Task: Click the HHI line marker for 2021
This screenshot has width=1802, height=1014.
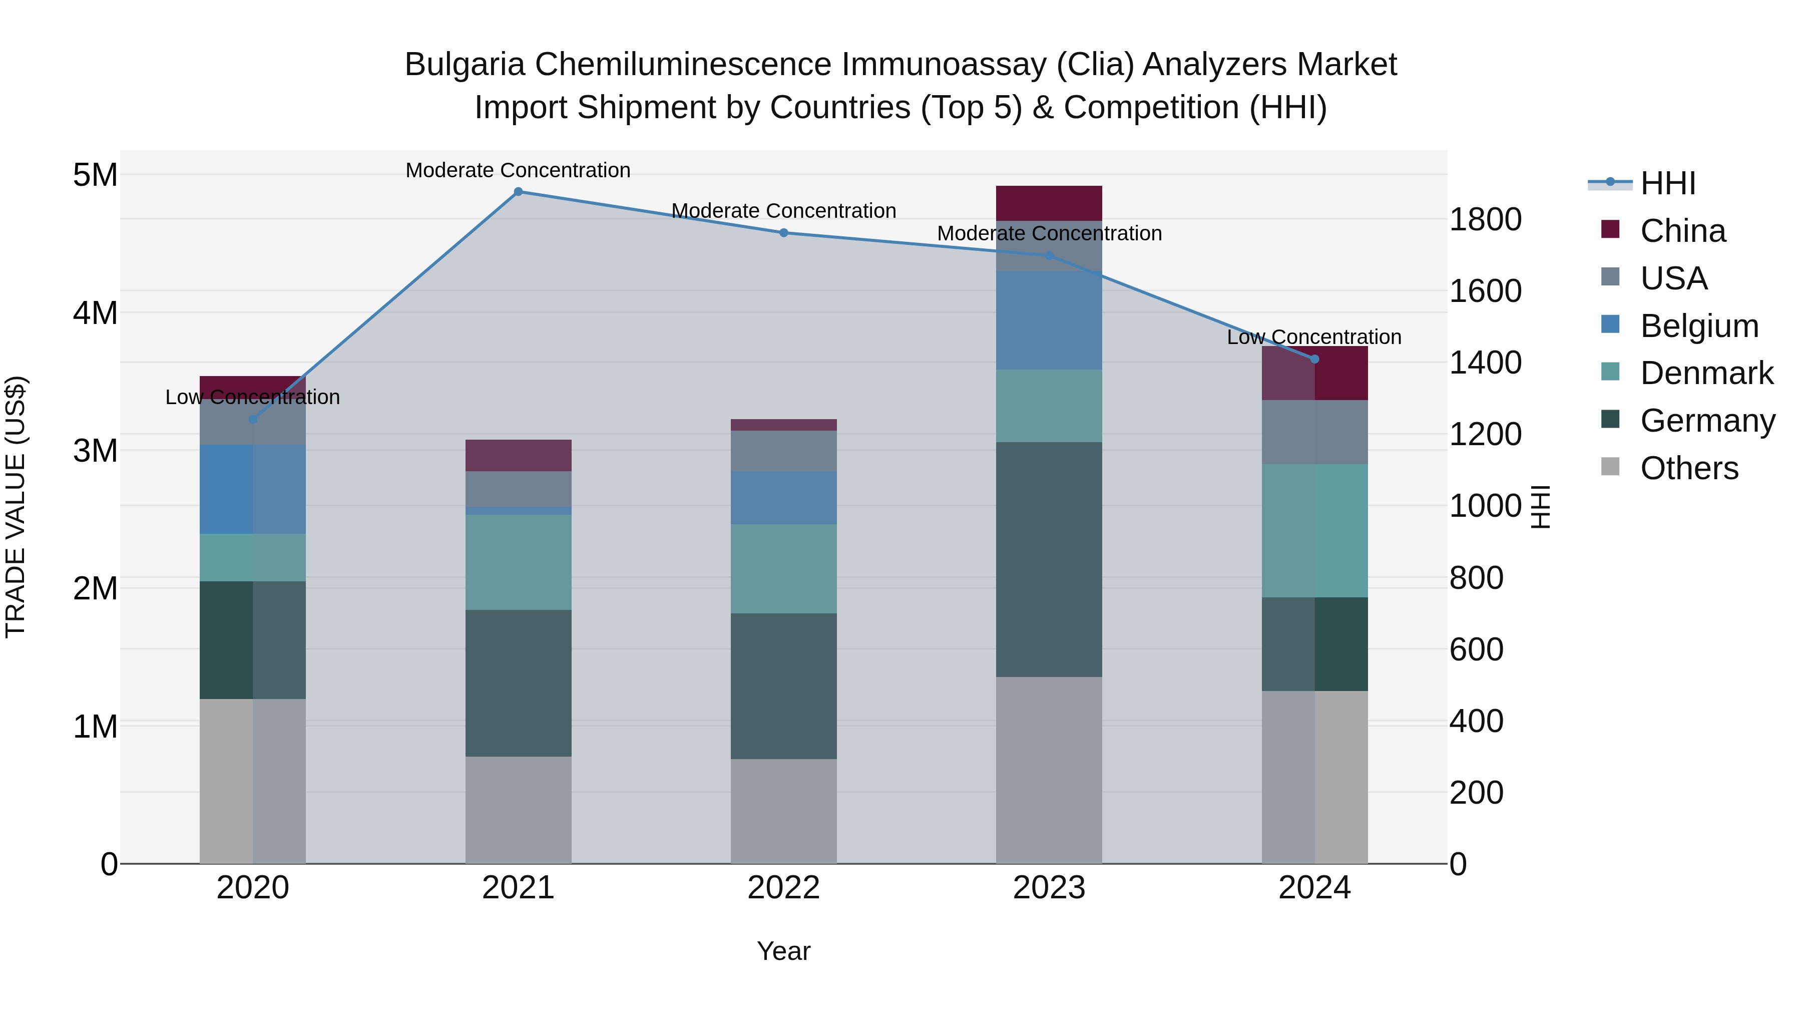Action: pyautogui.click(x=519, y=192)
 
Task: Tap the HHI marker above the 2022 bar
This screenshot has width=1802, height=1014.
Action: pyautogui.click(x=783, y=233)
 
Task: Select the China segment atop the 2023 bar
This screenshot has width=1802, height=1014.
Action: pyautogui.click(x=1049, y=203)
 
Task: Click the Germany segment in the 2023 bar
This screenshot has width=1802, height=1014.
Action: pyautogui.click(x=1049, y=559)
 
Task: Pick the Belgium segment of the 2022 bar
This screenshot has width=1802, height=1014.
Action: pyautogui.click(x=783, y=498)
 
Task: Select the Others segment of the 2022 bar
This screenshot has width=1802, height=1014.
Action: pyautogui.click(x=783, y=811)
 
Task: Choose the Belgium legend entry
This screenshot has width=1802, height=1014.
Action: pyautogui.click(x=1698, y=326)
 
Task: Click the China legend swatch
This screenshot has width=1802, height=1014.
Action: pyautogui.click(x=1610, y=229)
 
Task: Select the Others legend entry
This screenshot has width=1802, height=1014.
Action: pyautogui.click(x=1689, y=468)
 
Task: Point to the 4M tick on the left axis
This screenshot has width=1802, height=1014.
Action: pyautogui.click(x=96, y=313)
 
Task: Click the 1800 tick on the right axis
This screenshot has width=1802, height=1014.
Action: pyautogui.click(x=1485, y=220)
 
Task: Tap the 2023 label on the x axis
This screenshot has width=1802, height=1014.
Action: pyautogui.click(x=1049, y=888)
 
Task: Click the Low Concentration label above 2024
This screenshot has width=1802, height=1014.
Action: pyautogui.click(x=1314, y=337)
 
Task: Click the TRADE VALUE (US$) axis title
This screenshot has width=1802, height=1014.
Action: pyautogui.click(x=16, y=507)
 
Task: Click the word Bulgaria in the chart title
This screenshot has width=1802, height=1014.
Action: pyautogui.click(x=465, y=65)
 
